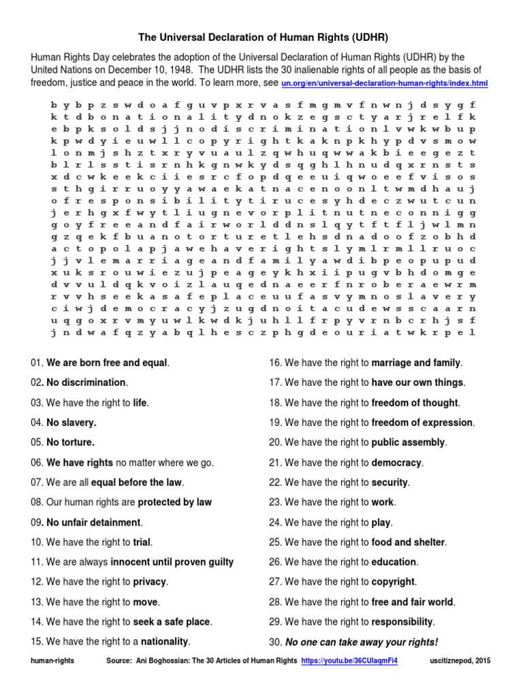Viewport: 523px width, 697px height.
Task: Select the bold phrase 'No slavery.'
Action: pyautogui.click(x=72, y=422)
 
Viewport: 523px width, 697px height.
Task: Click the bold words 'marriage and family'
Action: pyautogui.click(x=416, y=363)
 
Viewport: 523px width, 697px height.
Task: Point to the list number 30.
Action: pyautogui.click(x=276, y=642)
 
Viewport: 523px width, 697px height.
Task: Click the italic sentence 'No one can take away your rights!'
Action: pyautogui.click(x=362, y=642)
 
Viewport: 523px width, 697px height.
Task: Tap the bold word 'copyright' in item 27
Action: pyautogui.click(x=393, y=582)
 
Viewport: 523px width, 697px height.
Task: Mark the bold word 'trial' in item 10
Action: pyautogui.click(x=142, y=542)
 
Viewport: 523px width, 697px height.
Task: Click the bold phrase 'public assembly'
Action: pyautogui.click(x=408, y=442)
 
